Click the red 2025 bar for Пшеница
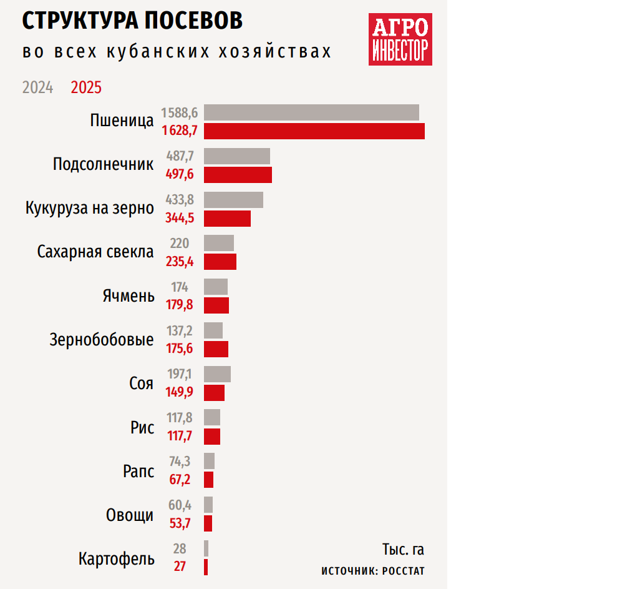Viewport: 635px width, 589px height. click(314, 131)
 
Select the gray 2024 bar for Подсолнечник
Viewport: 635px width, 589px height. click(237, 156)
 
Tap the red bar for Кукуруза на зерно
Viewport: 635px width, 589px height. click(227, 219)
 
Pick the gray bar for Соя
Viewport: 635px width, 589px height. click(217, 374)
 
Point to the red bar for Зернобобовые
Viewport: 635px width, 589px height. click(216, 349)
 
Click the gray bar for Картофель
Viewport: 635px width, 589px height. click(206, 548)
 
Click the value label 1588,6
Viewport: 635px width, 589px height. click(180, 113)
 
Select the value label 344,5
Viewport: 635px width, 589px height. click(180, 219)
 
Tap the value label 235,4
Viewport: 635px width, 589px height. click(180, 262)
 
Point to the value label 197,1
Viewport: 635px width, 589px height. click(180, 374)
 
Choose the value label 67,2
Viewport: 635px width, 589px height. click(180, 480)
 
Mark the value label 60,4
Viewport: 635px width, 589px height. click(180, 505)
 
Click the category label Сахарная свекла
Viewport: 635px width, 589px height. click(95, 252)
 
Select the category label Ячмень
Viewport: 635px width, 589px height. click(128, 295)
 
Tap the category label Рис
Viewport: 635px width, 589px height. click(142, 427)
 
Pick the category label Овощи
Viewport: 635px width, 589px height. click(130, 515)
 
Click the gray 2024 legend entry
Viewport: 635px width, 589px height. click(37, 87)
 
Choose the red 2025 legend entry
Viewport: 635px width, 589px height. click(86, 87)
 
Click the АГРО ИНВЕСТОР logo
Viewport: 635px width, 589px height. click(400, 40)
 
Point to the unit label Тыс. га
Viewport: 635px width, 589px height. click(403, 550)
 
